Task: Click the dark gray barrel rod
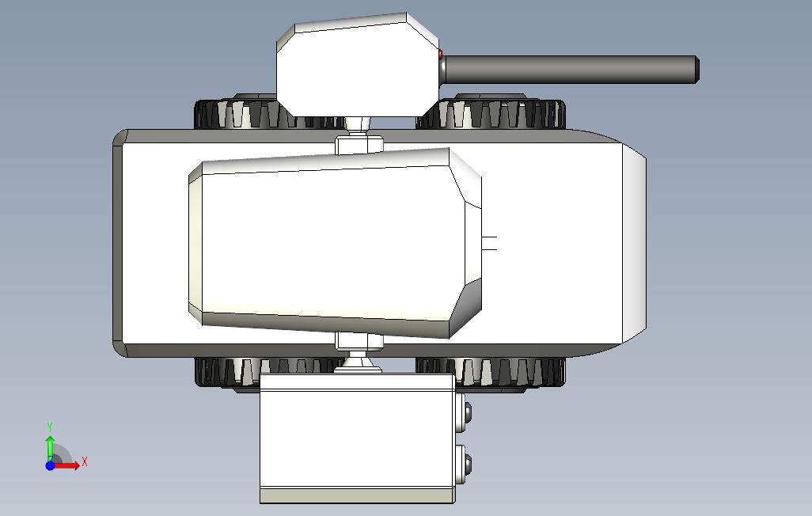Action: point(570,70)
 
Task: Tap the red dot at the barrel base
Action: point(441,54)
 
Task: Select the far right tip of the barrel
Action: point(699,70)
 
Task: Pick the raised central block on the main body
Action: point(335,244)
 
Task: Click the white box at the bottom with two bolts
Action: point(357,438)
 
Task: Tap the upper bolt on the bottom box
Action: point(468,412)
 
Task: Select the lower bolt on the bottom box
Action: point(468,465)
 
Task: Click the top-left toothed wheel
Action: point(236,113)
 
